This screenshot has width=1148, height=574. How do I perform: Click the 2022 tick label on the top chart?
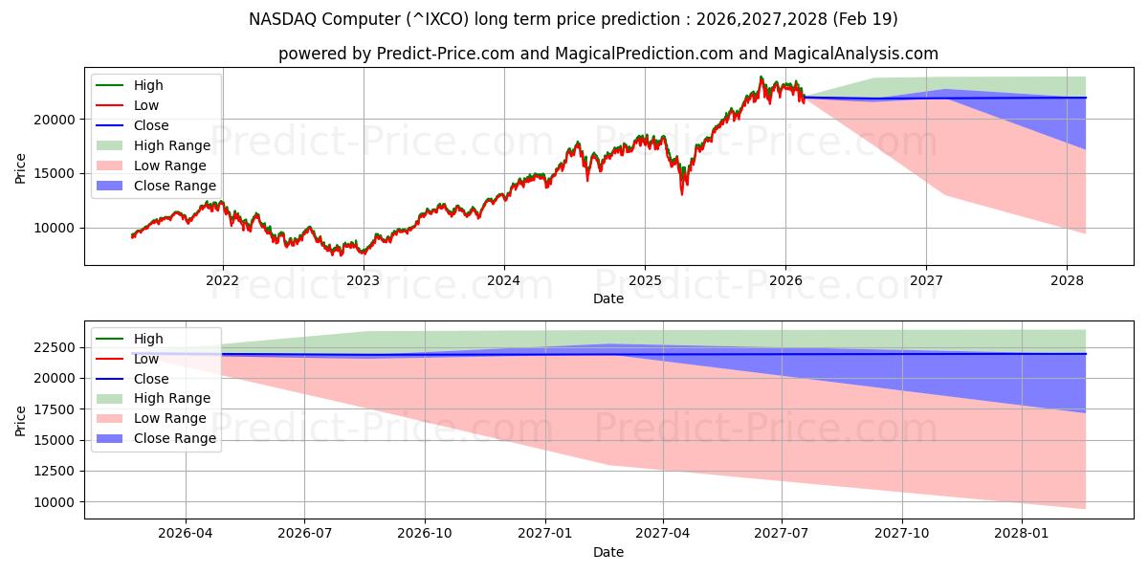click(x=222, y=280)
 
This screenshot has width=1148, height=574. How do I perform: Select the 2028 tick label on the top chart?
click(x=1067, y=280)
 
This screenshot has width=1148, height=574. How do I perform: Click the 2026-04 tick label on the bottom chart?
click(x=185, y=533)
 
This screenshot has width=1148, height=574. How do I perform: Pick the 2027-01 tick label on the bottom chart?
click(x=545, y=533)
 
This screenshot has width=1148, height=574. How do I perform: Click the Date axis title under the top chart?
click(x=607, y=298)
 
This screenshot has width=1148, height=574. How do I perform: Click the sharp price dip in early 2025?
click(x=682, y=193)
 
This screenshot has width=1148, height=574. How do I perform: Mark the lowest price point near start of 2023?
click(x=363, y=254)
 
